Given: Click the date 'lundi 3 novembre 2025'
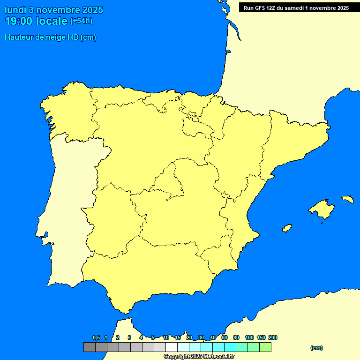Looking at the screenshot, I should coord(54,10).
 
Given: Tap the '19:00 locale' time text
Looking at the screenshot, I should coord(36,21).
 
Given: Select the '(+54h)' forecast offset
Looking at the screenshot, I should coord(81,21).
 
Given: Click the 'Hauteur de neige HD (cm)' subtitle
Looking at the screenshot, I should coord(50,37).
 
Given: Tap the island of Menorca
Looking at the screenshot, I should coord(347,199).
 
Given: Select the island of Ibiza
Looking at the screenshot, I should coord(287,228).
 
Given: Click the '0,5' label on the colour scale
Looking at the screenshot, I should coord(96,338).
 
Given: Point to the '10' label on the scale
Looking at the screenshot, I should coord(166,338).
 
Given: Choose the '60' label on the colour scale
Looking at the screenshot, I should coord(225,338).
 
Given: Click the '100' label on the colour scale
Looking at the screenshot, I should coord(249,338).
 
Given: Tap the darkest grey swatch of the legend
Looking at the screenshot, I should coord(89,347).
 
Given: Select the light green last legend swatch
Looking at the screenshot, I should coord(265,347).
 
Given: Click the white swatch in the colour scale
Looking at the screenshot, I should coord(172,347).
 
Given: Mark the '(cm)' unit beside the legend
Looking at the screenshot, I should coord(316,348).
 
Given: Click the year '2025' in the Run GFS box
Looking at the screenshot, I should coord(341,8).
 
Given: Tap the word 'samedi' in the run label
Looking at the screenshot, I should coord(293,8).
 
